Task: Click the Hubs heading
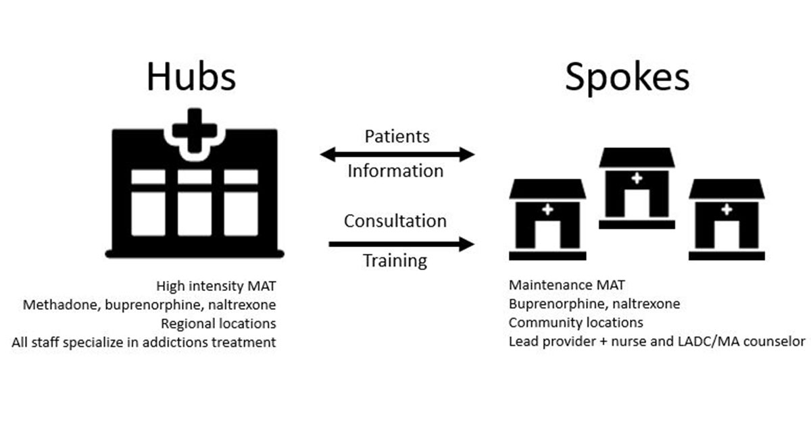click(191, 76)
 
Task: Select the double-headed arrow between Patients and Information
click(397, 155)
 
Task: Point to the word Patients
click(397, 136)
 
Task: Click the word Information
click(395, 171)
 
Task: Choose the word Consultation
click(395, 221)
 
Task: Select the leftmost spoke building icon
click(547, 219)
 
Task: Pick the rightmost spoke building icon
click(727, 219)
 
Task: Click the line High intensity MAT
click(216, 286)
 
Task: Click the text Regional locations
click(218, 323)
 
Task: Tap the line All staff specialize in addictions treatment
click(144, 342)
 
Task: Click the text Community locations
click(576, 323)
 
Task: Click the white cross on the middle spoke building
click(636, 178)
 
